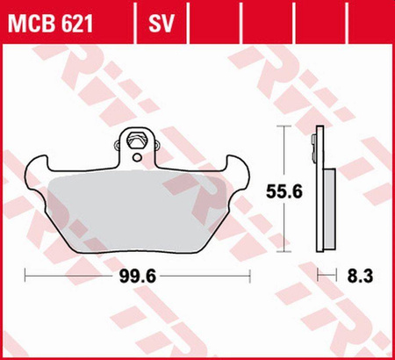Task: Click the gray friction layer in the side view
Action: [x=327, y=206]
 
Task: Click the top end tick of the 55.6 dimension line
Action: [x=283, y=126]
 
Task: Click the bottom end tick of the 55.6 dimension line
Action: [x=283, y=256]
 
